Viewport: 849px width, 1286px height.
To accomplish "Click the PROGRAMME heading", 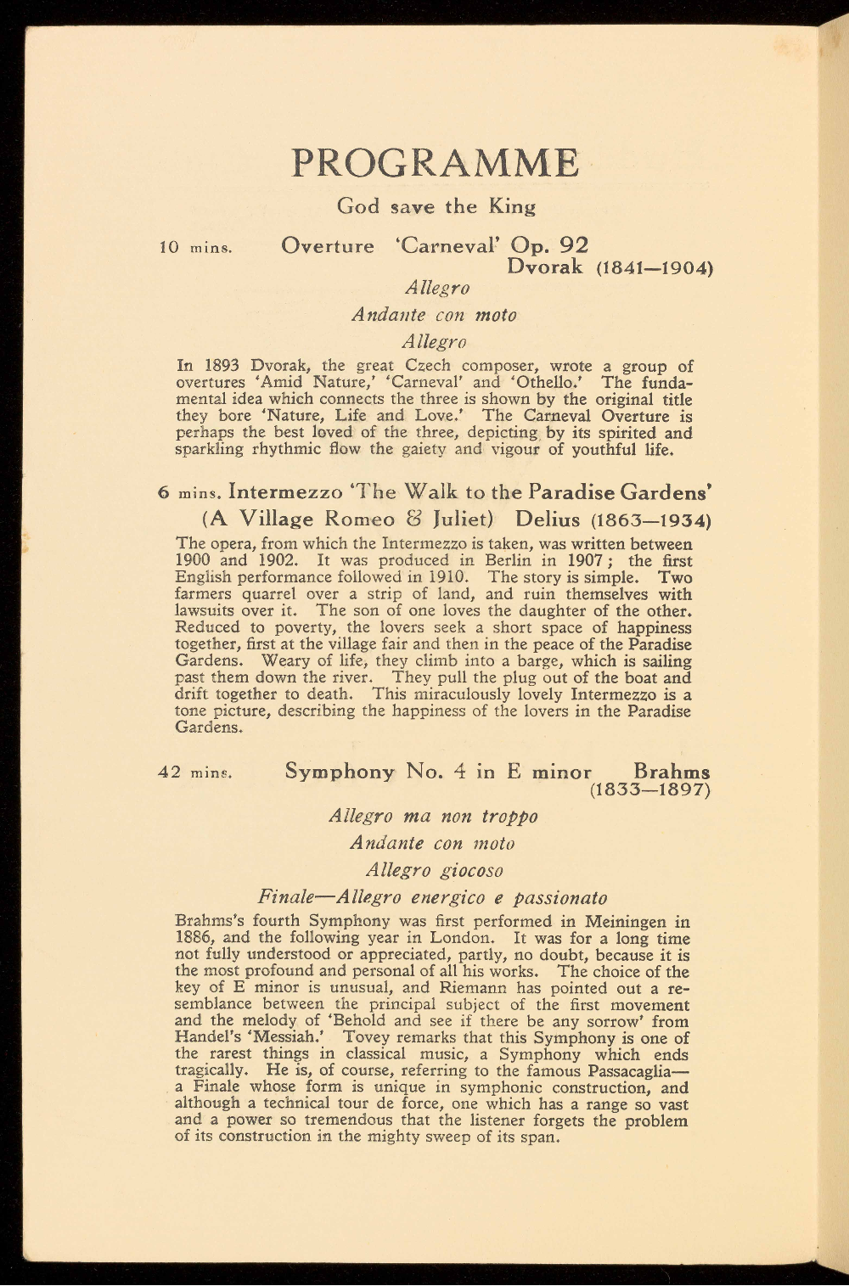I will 436,163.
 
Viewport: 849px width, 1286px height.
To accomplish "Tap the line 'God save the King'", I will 436,206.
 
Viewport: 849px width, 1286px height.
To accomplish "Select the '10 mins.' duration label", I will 196,248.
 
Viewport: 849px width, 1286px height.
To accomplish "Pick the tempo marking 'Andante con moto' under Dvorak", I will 434,315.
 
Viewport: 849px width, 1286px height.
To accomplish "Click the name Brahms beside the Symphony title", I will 672,772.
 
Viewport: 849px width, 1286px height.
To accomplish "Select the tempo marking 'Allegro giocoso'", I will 434,871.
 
